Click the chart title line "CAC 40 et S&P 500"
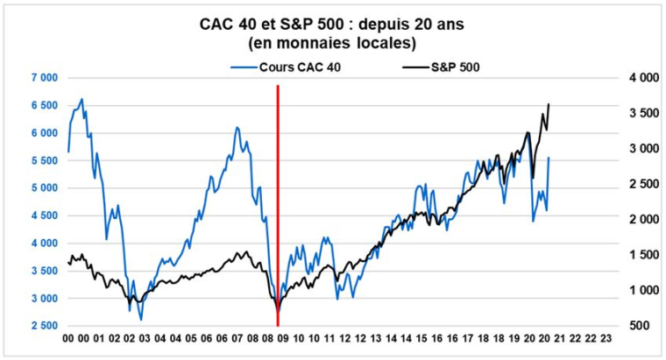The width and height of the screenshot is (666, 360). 332,24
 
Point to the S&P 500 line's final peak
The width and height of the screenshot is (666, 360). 549,104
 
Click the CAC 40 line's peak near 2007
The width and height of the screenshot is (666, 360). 236,127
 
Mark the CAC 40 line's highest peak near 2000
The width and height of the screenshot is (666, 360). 81,99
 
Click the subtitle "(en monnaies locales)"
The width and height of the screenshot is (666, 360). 332,41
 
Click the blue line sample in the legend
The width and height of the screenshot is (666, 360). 243,67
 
